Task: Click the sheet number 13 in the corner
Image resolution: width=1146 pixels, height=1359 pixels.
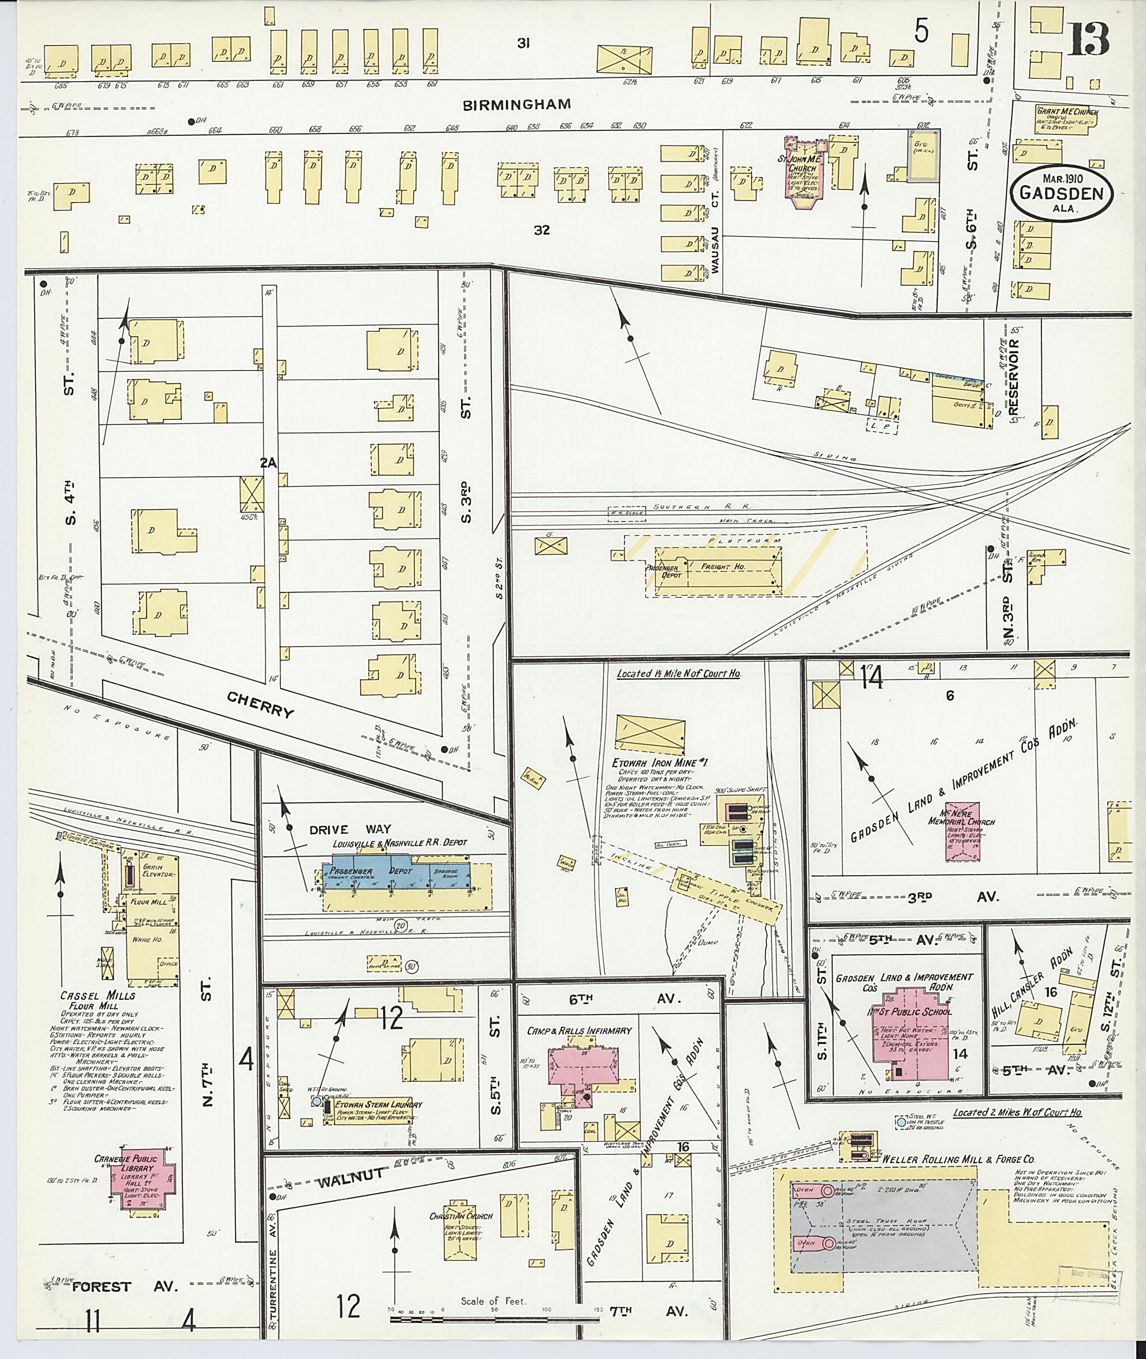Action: pyautogui.click(x=1091, y=40)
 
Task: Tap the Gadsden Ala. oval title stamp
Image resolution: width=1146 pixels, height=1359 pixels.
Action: pyautogui.click(x=1061, y=194)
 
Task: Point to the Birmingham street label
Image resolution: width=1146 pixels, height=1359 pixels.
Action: pyautogui.click(x=517, y=104)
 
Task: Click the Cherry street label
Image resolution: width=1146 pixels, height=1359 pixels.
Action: pyautogui.click(x=261, y=704)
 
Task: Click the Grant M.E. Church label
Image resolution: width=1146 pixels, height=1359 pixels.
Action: pyautogui.click(x=1066, y=111)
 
